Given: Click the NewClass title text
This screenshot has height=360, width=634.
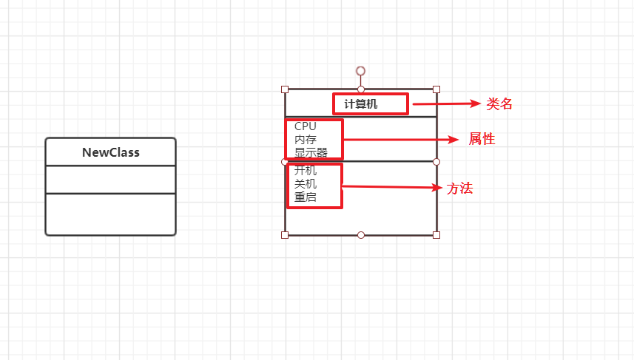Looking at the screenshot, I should [110, 153].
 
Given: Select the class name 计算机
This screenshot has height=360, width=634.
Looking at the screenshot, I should [361, 104].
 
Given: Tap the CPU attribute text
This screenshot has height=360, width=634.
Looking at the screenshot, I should [305, 126].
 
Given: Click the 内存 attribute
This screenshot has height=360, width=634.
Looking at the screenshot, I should [305, 140].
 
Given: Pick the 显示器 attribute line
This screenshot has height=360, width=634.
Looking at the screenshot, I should [311, 153].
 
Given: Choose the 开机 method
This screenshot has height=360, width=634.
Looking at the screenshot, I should [305, 171].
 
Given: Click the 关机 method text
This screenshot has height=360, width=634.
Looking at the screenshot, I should [305, 184].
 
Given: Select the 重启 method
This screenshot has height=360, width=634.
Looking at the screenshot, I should [305, 197].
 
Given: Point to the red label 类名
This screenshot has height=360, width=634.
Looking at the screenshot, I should [499, 104].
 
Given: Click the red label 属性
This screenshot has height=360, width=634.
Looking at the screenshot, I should [482, 139].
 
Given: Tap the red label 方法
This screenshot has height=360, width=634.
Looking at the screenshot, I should [459, 189].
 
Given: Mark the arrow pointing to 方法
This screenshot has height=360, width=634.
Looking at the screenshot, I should [392, 187].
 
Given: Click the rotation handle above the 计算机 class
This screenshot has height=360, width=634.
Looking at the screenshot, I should [360, 71].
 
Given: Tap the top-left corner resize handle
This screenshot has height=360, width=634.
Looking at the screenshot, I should [285, 89].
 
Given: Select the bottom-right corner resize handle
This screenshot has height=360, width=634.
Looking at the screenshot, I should [436, 235].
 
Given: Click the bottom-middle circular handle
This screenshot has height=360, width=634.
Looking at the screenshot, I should [361, 235].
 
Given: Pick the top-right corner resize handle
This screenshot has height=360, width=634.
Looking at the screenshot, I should [436, 89].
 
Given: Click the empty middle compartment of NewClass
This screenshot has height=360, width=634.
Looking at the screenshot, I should [110, 180].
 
